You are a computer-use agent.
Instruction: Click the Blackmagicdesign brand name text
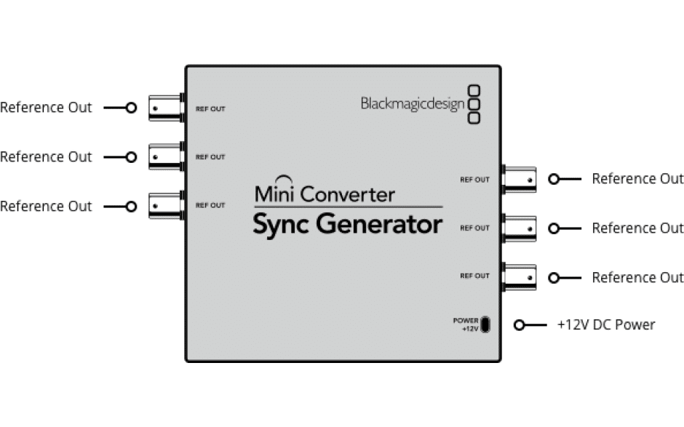(412, 104)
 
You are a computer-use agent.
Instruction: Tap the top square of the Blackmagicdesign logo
(474, 91)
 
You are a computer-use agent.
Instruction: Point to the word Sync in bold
(282, 225)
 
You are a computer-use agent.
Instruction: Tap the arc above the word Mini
(285, 177)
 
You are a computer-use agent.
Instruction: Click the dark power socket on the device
(485, 324)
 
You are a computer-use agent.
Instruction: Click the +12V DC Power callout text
(605, 324)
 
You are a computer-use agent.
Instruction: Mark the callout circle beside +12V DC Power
(520, 325)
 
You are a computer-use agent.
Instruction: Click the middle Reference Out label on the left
(47, 157)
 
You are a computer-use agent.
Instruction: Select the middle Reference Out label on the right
(637, 228)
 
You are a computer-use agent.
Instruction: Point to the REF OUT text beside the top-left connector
(210, 109)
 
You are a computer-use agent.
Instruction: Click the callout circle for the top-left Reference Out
(131, 108)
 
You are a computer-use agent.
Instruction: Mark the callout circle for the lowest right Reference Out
(554, 278)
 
